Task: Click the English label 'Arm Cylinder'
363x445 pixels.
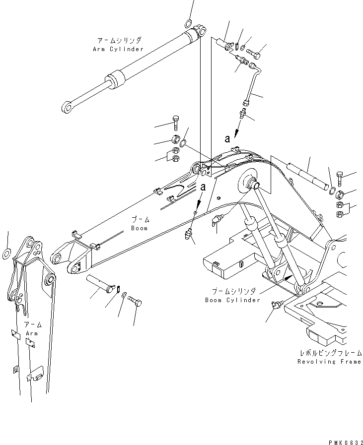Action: click(x=118, y=49)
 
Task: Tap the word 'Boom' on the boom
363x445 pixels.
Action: click(x=139, y=228)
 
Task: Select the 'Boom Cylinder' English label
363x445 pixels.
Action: click(x=232, y=300)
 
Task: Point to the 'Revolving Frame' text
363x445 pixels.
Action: click(x=329, y=362)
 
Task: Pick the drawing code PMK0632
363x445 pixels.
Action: click(x=344, y=441)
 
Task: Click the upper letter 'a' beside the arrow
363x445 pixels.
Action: click(x=227, y=139)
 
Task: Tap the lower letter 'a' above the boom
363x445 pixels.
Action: click(x=203, y=187)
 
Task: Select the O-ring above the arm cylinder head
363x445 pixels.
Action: click(x=189, y=23)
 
